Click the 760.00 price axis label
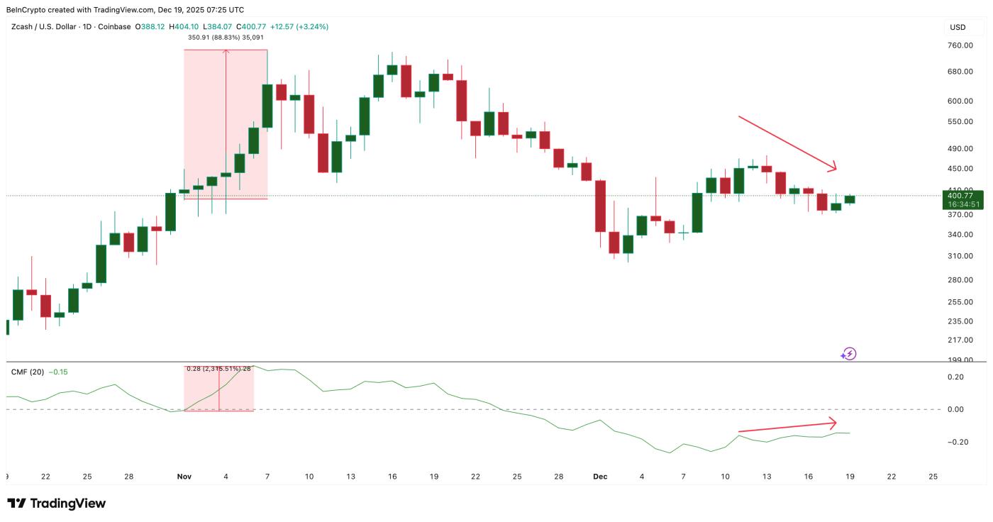[958, 45]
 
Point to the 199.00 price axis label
[958, 360]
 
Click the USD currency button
[958, 27]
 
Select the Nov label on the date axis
[184, 477]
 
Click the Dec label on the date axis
[600, 477]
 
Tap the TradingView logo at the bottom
[57, 504]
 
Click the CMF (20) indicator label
[28, 372]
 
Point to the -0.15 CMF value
[58, 372]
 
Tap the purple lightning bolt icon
[849, 353]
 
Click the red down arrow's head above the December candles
[834, 168]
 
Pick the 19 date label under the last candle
[850, 477]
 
